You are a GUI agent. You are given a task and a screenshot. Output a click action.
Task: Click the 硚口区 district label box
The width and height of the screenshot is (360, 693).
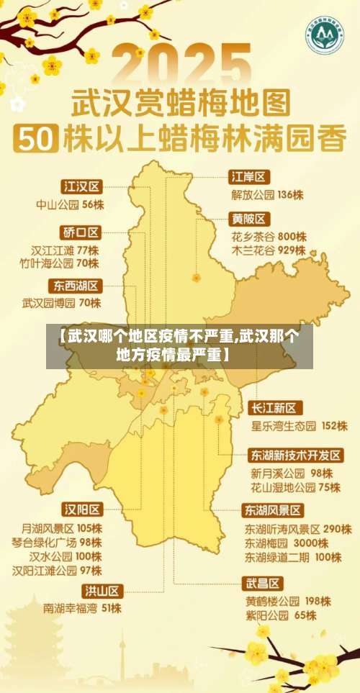pyautogui.click(x=81, y=232)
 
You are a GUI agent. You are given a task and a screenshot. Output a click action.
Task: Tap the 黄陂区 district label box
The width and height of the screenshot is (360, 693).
pyautogui.click(x=249, y=218)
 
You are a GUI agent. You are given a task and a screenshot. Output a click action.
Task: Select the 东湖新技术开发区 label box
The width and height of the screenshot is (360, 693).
pyautogui.click(x=296, y=456)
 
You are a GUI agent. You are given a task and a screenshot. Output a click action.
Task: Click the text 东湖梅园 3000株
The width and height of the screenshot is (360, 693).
pyautogui.click(x=287, y=543)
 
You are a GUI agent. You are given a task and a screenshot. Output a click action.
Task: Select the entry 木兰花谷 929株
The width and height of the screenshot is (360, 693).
pyautogui.click(x=269, y=250)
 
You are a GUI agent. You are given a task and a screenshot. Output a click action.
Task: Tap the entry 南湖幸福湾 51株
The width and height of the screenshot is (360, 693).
pyautogui.click(x=82, y=609)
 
